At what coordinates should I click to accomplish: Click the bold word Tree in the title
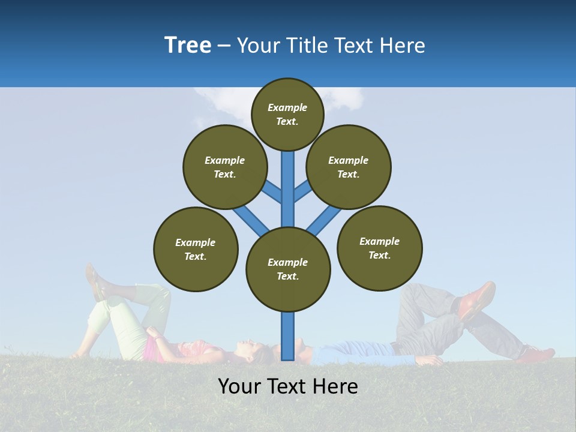[x=188, y=45]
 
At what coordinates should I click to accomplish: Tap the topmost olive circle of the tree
[x=287, y=114]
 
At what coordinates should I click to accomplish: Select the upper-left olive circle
[x=224, y=167]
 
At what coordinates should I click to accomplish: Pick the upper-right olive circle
[x=348, y=167]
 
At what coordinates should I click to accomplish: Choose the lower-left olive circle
[x=196, y=249]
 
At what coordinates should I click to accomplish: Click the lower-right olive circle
[x=379, y=248]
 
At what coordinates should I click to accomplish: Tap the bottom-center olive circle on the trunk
[x=288, y=269]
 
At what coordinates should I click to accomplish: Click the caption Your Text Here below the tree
[x=287, y=386]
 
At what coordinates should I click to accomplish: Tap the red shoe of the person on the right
[x=477, y=299]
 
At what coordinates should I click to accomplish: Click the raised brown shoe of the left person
[x=94, y=281]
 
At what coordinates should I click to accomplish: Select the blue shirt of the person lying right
[x=354, y=352]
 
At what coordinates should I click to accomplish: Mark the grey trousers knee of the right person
[x=420, y=294]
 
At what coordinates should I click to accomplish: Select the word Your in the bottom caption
[x=239, y=386]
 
